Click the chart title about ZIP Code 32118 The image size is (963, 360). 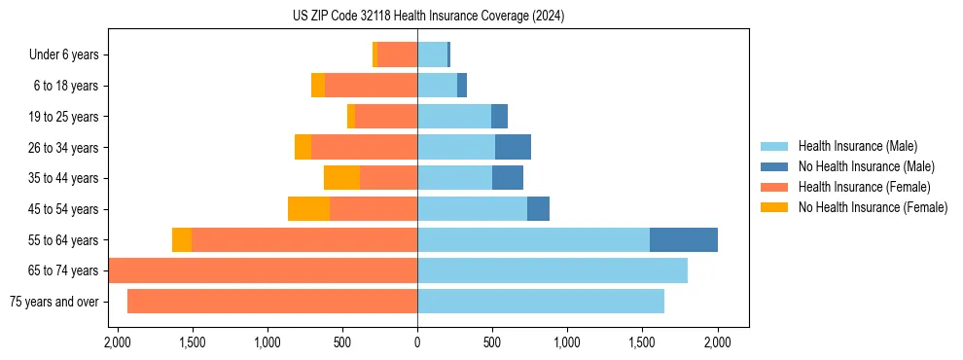pyautogui.click(x=428, y=16)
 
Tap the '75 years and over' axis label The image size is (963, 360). pyautogui.click(x=53, y=302)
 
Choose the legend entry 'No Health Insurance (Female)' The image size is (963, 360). pyautogui.click(x=873, y=207)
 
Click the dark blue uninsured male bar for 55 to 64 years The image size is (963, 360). pyautogui.click(x=683, y=239)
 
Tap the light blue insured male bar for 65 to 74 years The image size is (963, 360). pyautogui.click(x=552, y=270)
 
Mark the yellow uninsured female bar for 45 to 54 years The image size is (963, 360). pyautogui.click(x=308, y=209)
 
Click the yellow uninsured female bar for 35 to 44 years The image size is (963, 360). pyautogui.click(x=341, y=178)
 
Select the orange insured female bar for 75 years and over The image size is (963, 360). pyautogui.click(x=272, y=302)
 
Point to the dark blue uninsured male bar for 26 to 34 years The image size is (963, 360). pyautogui.click(x=513, y=147)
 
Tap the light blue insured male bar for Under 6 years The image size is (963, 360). pyautogui.click(x=432, y=54)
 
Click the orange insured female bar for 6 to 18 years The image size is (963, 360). pyautogui.click(x=371, y=86)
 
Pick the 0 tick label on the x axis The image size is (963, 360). pyautogui.click(x=417, y=342)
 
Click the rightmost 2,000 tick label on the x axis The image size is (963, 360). pyautogui.click(x=718, y=342)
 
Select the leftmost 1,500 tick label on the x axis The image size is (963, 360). pyautogui.click(x=192, y=342)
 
